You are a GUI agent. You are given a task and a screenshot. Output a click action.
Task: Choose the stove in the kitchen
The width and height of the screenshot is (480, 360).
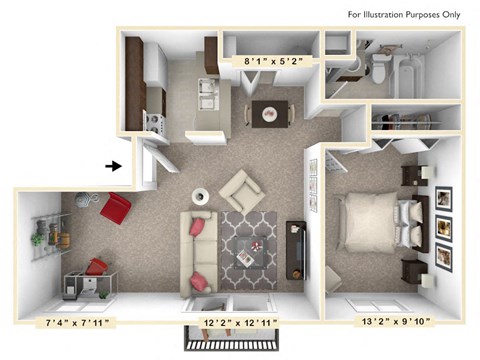[156, 121]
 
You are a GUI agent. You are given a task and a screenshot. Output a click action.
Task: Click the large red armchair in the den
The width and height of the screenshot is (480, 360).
[116, 210]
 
